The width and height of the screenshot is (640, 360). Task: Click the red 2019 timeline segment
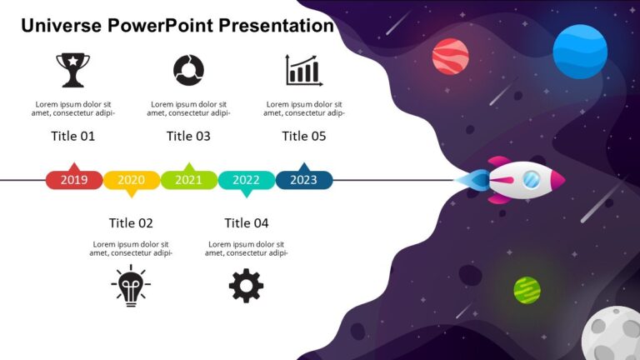click(x=74, y=179)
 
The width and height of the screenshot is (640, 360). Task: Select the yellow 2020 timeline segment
click(x=132, y=180)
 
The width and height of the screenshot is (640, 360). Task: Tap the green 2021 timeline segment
click(x=189, y=179)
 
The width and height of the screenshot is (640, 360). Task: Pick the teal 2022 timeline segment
click(x=246, y=180)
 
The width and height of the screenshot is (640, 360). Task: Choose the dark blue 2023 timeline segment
click(x=303, y=179)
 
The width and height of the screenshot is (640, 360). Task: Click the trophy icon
click(x=72, y=70)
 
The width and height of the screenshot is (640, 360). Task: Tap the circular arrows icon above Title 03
click(x=188, y=70)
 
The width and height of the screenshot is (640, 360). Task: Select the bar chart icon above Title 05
click(x=303, y=70)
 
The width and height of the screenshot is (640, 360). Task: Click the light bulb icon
click(x=131, y=285)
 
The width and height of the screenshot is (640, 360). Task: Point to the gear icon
click(x=246, y=286)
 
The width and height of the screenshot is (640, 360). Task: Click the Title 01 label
click(x=73, y=136)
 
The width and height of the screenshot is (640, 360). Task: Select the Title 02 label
click(x=131, y=222)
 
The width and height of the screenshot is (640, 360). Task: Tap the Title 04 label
click(x=247, y=222)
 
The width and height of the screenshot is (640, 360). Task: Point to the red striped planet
click(x=450, y=57)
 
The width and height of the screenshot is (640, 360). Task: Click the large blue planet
click(x=580, y=52)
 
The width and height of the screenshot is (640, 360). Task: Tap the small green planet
click(x=527, y=290)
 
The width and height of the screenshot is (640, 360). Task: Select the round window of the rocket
click(x=531, y=178)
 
